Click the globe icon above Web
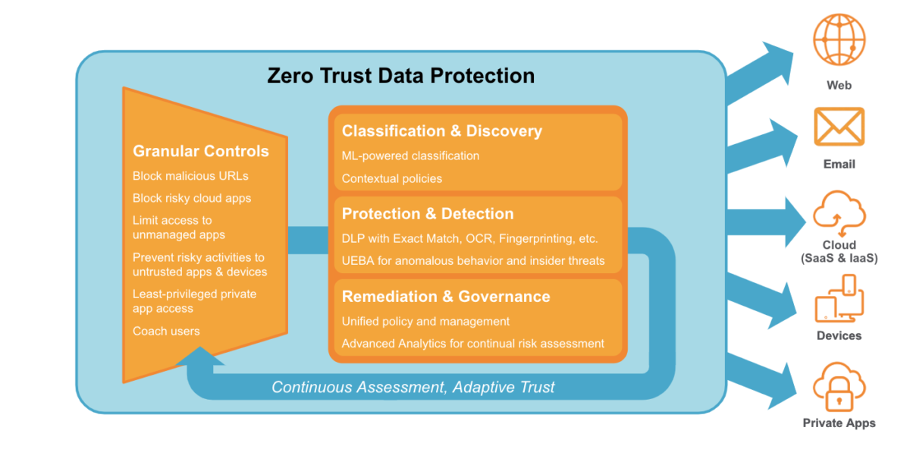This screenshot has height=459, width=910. click(x=839, y=39)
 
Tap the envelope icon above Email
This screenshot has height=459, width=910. click(x=839, y=126)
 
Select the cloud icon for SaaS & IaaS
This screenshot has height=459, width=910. click(x=839, y=213)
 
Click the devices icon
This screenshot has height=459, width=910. click(x=839, y=298)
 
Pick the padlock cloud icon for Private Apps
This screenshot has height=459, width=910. click(x=839, y=387)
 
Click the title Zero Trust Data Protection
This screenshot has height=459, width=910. click(x=400, y=76)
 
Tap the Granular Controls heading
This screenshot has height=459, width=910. click(x=201, y=151)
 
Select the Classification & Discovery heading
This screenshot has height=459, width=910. click(x=442, y=131)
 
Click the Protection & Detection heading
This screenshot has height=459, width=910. click(x=428, y=214)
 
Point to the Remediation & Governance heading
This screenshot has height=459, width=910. click(x=446, y=297)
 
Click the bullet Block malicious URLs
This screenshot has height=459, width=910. click(x=190, y=176)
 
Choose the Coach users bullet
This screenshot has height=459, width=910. click(x=166, y=331)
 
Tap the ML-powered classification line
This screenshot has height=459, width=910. click(x=410, y=156)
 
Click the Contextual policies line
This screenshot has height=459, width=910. click(x=391, y=178)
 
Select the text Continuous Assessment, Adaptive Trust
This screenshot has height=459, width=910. click(x=413, y=387)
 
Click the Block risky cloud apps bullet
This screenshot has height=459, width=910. click(x=192, y=199)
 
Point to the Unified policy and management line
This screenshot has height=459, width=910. click(x=425, y=322)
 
